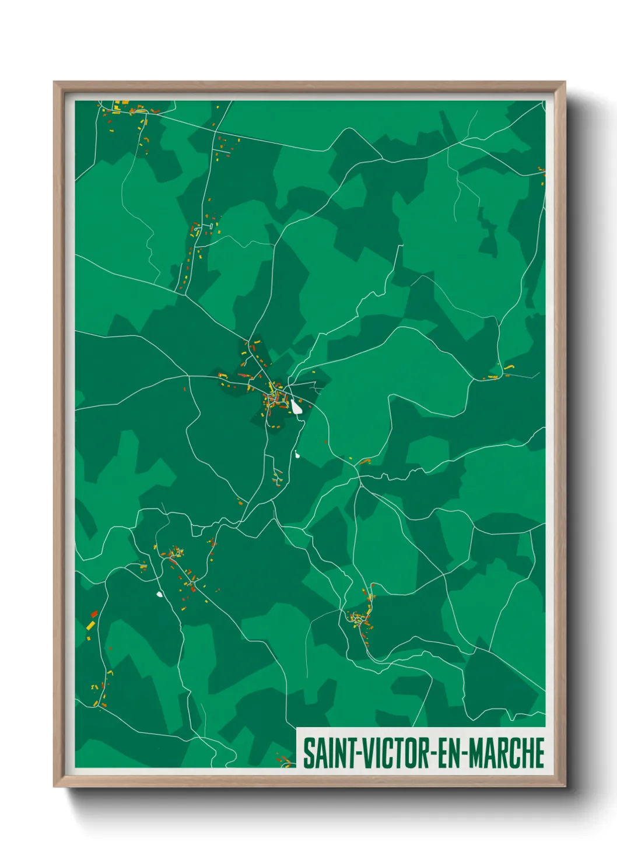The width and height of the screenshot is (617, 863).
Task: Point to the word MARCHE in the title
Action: coord(507,753)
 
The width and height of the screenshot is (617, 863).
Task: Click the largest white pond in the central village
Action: coord(297,408)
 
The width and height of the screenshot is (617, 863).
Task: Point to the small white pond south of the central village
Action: coord(297,455)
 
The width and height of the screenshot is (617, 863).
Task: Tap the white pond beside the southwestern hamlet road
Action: coord(159,595)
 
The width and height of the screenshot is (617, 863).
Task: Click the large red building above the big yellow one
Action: coord(94,614)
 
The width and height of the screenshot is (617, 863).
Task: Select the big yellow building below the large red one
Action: coord(90,625)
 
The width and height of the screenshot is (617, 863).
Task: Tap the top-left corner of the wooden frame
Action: coord(54,82)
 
